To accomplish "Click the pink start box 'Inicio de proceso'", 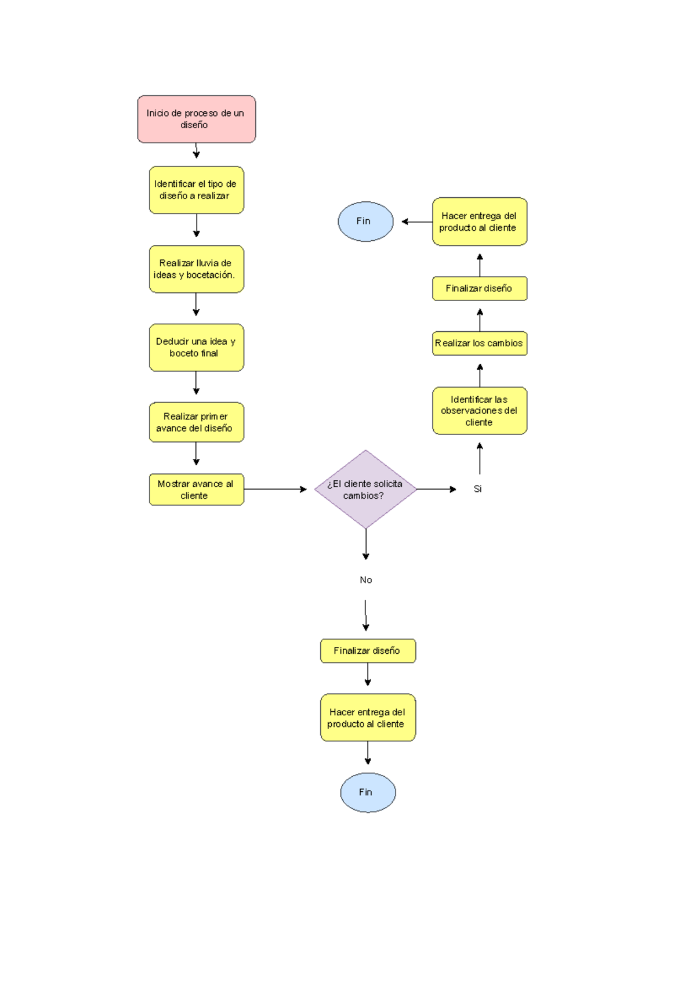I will point(196,119).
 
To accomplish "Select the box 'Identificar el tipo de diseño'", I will point(196,190).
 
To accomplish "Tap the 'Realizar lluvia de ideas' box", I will point(196,269).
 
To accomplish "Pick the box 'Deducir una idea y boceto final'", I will point(196,347).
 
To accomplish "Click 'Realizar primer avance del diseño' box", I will point(196,422).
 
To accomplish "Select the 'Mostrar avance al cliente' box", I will point(196,490).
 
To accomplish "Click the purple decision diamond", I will point(365,489).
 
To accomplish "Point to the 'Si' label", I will point(477,489).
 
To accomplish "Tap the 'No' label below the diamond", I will point(365,580).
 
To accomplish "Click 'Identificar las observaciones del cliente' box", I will point(479,411).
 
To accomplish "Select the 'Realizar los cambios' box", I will point(479,343).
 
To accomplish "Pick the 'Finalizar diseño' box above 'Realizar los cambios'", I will point(479,288).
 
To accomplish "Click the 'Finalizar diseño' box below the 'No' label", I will point(368,651).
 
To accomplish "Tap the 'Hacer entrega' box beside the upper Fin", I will point(479,222).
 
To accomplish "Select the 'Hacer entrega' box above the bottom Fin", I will point(368,718).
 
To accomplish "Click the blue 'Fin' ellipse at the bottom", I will point(368,792).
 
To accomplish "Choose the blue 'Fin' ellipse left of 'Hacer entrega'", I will point(365,222).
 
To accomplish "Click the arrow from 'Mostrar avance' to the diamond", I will point(275,489).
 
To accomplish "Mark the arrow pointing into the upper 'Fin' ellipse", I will point(416,222).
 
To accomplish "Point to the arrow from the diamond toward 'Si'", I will point(436,489).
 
